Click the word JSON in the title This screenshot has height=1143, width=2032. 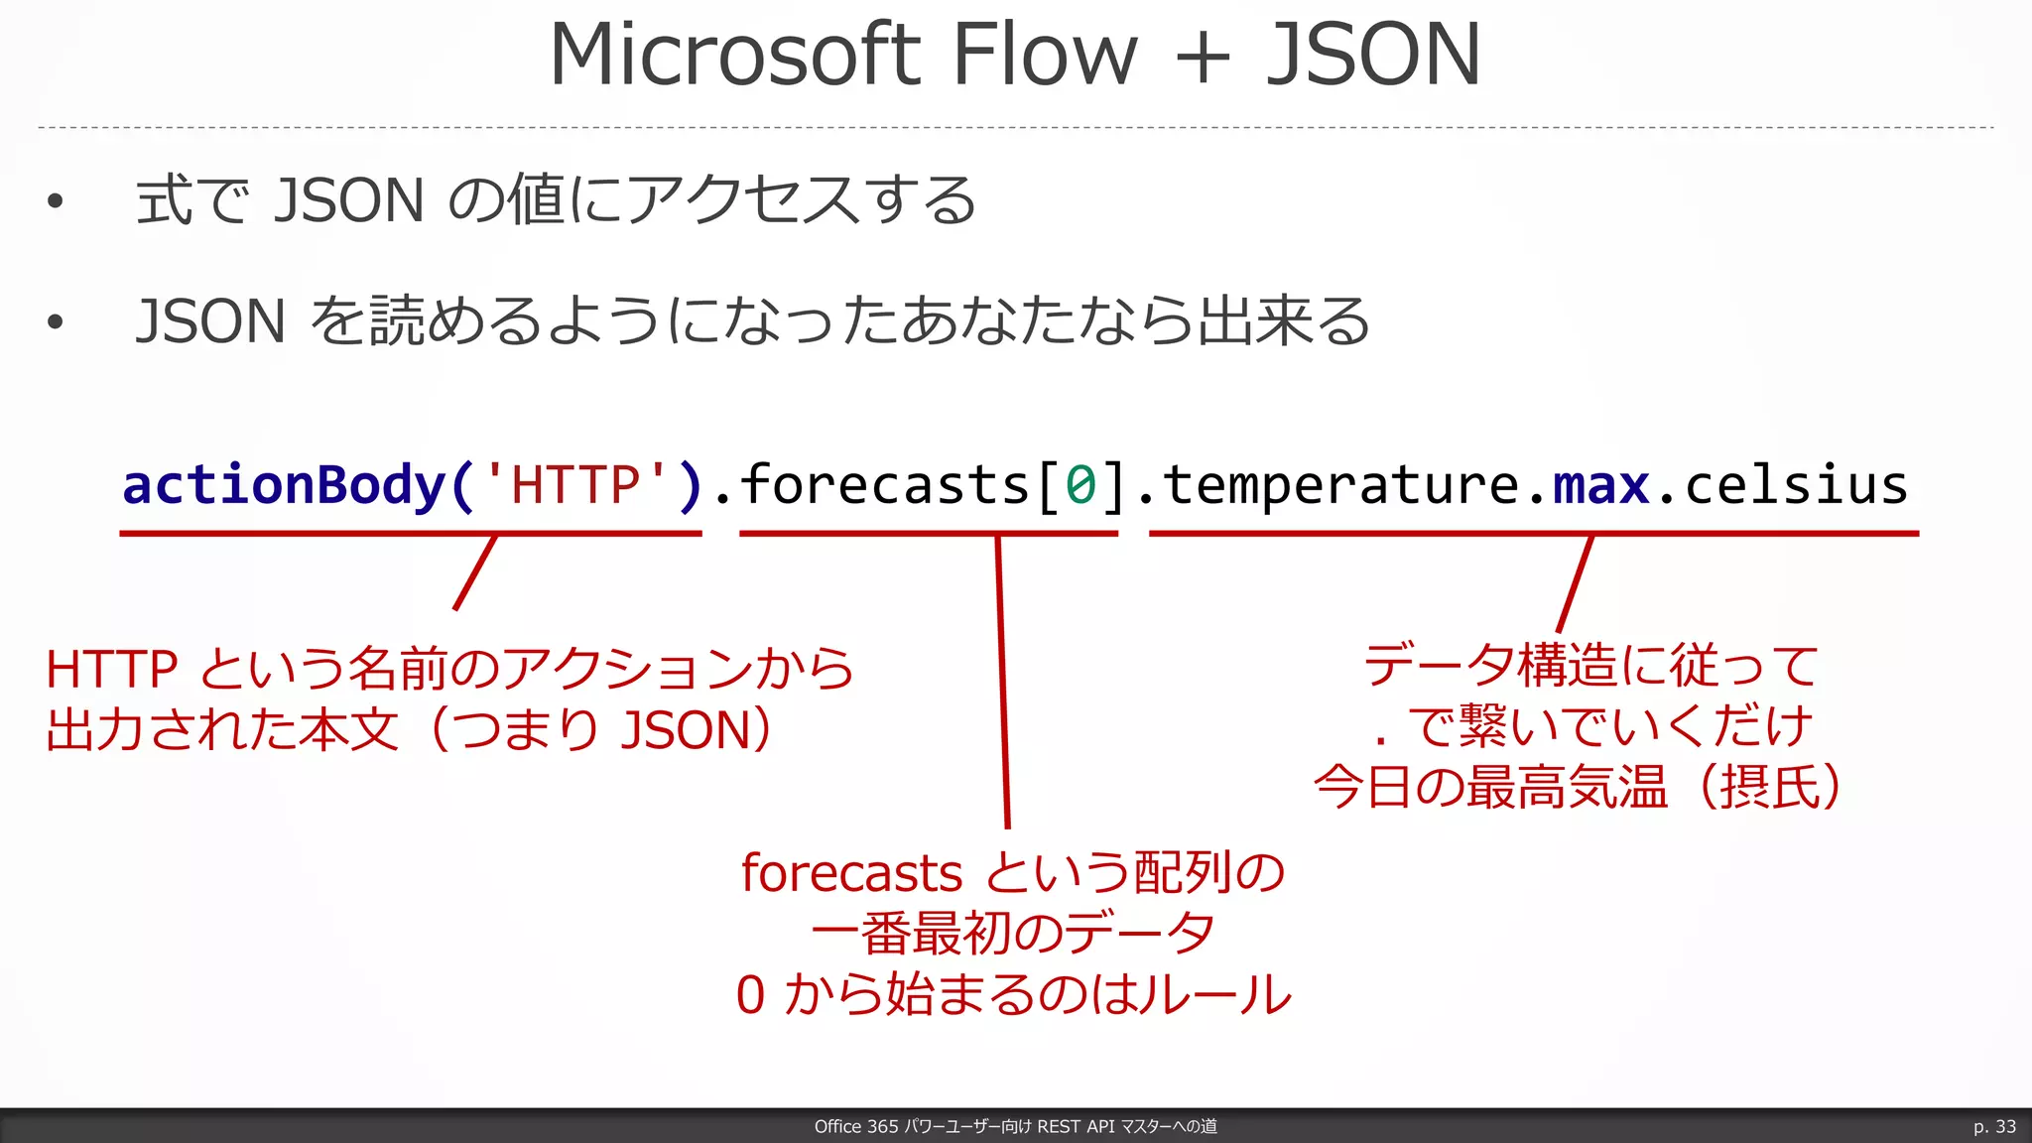coord(1373,56)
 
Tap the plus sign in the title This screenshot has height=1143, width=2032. coord(1202,58)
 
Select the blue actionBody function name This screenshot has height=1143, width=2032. coord(284,485)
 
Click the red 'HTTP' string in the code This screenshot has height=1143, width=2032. coord(575,485)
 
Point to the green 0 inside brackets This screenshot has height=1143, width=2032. coord(1080,486)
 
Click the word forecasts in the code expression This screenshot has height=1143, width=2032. coord(885,486)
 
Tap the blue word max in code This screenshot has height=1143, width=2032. coord(1600,486)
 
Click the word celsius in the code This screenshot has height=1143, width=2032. coord(1796,486)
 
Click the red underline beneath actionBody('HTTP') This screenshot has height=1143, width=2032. coord(410,534)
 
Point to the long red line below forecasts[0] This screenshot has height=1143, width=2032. coord(1003,685)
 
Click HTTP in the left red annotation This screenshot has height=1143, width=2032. coord(112,670)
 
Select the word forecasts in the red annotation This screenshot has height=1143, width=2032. coord(851,874)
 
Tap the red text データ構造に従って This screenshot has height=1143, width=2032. coord(1590,666)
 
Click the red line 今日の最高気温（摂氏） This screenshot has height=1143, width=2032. coord(1578,788)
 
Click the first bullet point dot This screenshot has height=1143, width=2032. coord(56,201)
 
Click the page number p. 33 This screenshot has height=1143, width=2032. coord(1994,1126)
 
